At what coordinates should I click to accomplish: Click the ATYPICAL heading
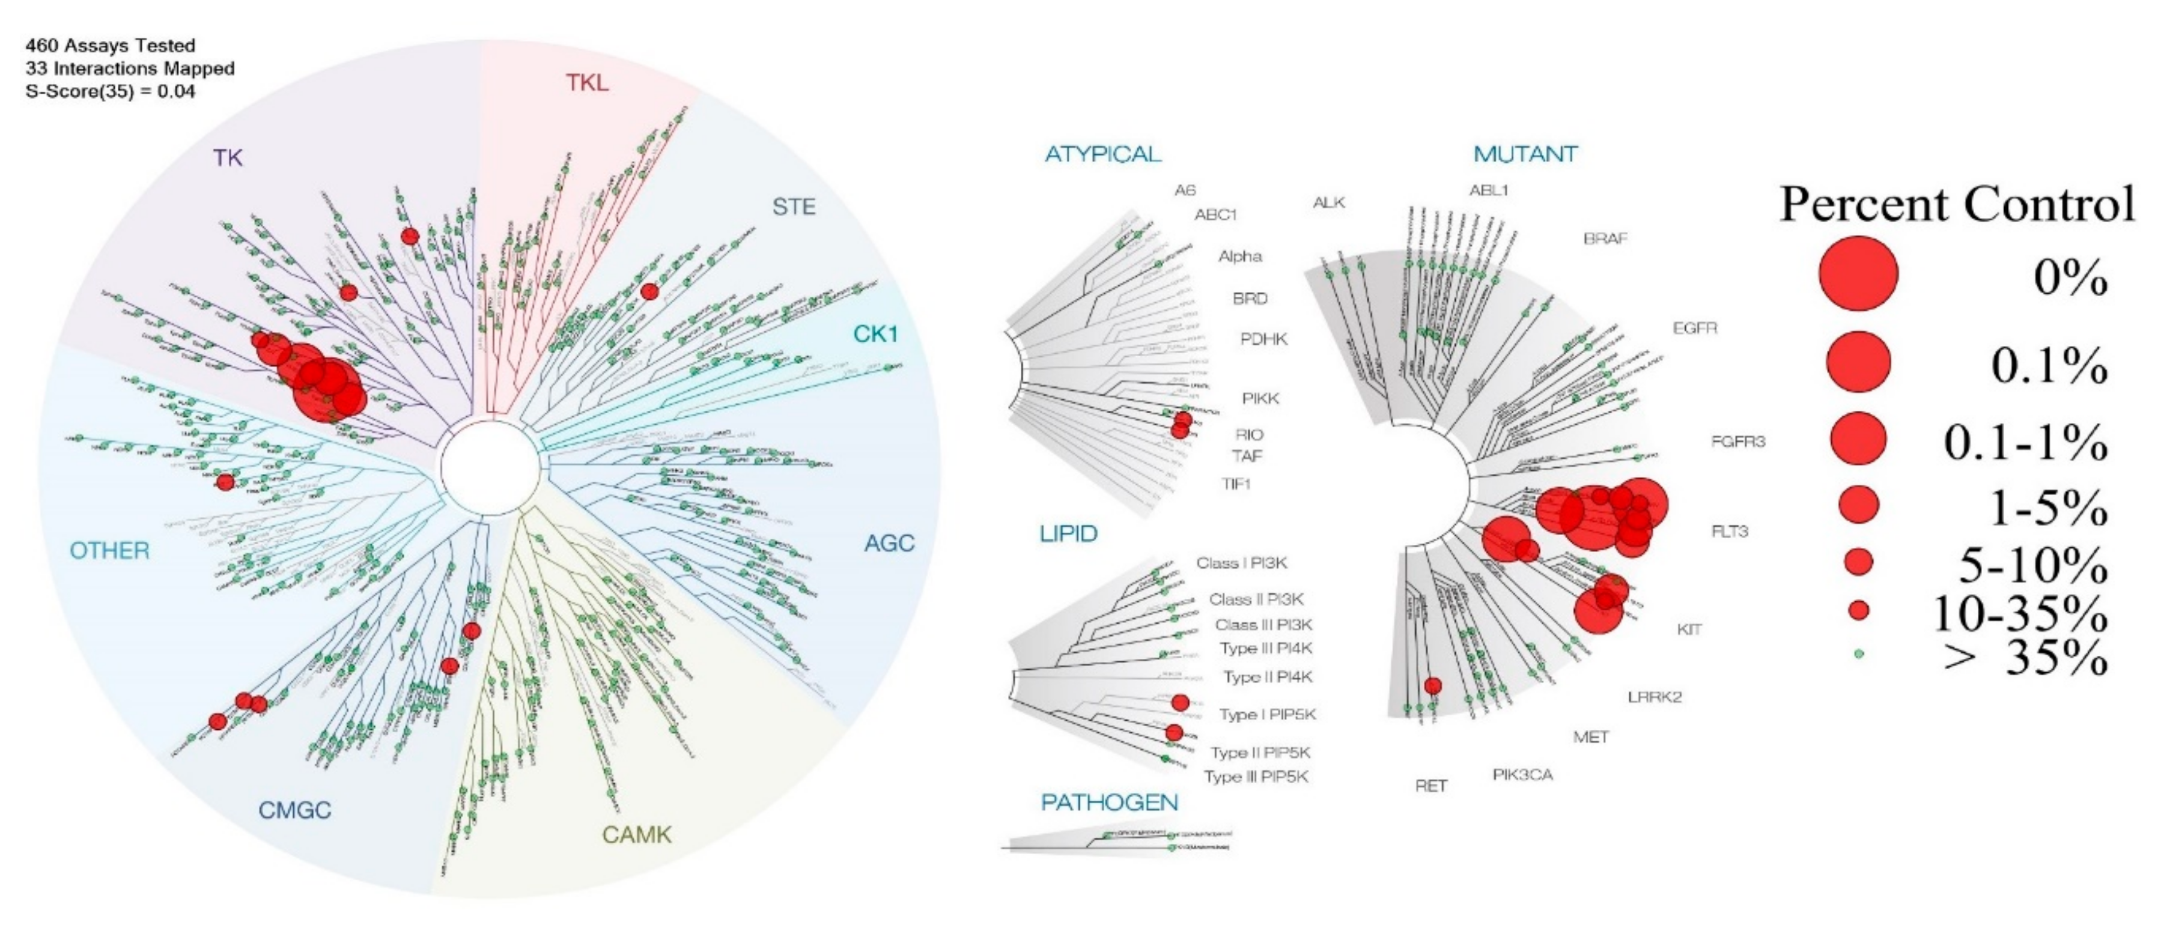pyautogui.click(x=1102, y=154)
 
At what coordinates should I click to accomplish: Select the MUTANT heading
pyautogui.click(x=1525, y=154)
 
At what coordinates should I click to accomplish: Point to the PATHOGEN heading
pyautogui.click(x=1109, y=802)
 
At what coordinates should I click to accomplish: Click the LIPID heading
pyautogui.click(x=1068, y=534)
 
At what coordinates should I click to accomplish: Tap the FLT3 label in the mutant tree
pyautogui.click(x=1729, y=531)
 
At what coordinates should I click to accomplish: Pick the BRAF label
pyautogui.click(x=1605, y=239)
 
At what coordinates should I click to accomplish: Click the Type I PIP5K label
pyautogui.click(x=1266, y=715)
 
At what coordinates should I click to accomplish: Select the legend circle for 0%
pyautogui.click(x=1858, y=273)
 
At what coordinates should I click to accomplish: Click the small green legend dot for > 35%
pyautogui.click(x=1859, y=654)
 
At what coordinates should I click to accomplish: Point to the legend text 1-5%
pyautogui.click(x=2047, y=508)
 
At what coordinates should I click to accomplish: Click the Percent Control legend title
pyautogui.click(x=1957, y=204)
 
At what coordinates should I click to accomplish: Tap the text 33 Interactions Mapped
pyautogui.click(x=130, y=68)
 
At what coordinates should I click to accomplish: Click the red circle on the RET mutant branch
pyautogui.click(x=1432, y=686)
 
